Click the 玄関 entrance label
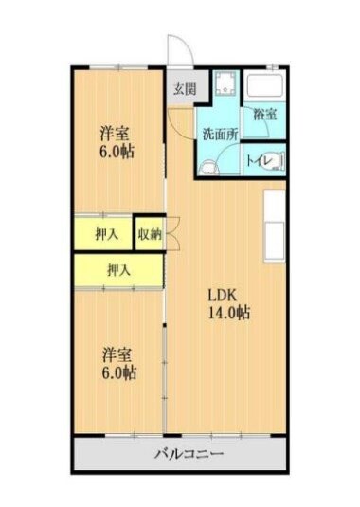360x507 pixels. coord(184,90)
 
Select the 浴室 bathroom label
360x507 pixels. coord(264,115)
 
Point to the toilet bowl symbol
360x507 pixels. coord(273,162)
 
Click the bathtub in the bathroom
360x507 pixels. coord(265,88)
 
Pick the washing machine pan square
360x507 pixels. coord(225,86)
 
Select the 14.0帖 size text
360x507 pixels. coord(229,312)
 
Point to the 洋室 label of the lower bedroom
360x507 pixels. coord(119,354)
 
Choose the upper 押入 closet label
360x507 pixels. coord(107,233)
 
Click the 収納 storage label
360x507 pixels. coord(149,234)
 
